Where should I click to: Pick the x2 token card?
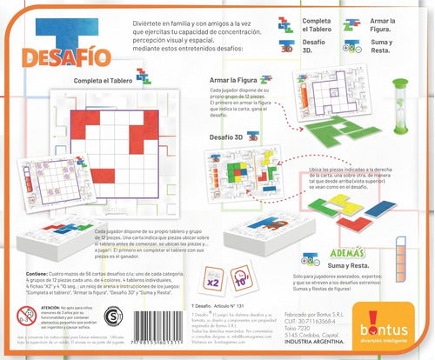tap(211, 283)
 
